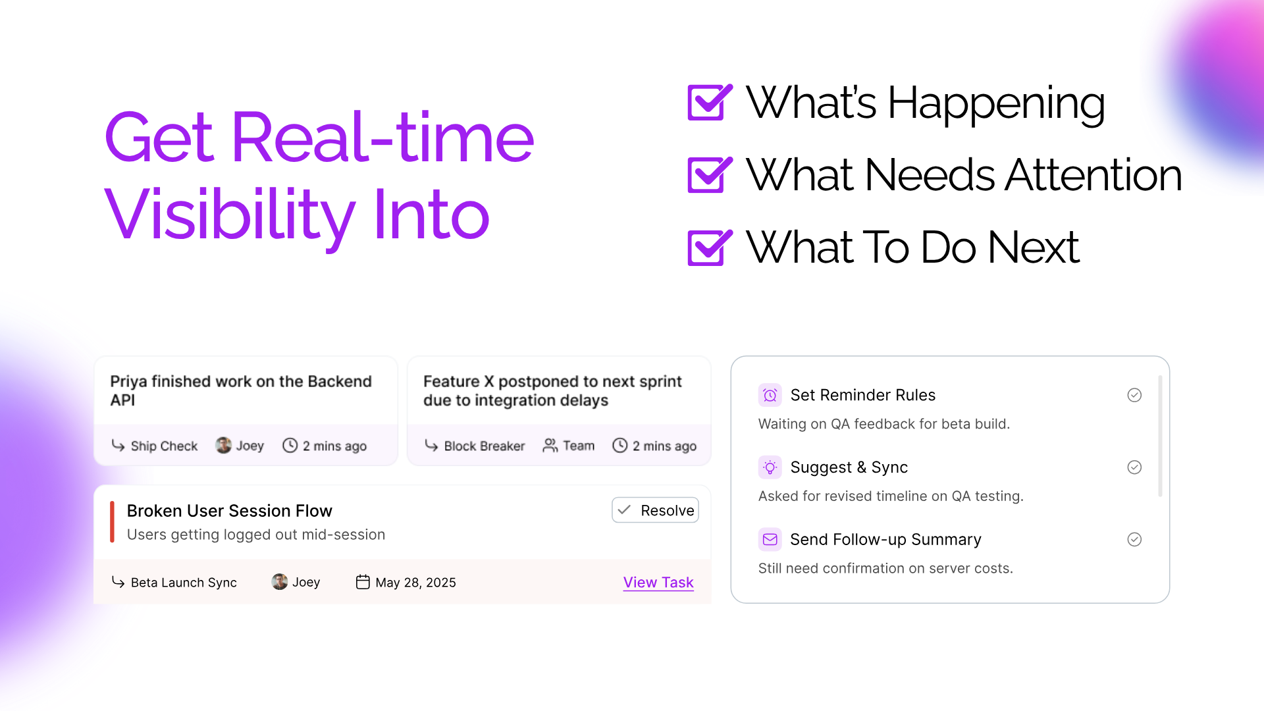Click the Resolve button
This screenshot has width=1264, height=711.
[x=655, y=510]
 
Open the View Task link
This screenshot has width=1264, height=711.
[x=658, y=583]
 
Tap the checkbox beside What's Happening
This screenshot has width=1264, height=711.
[x=710, y=102]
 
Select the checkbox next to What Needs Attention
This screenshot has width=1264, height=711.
[x=710, y=174]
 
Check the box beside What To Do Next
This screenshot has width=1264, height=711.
[x=710, y=247]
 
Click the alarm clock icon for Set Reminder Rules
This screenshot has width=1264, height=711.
[x=770, y=395]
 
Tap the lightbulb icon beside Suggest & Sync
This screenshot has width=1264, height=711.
[x=770, y=467]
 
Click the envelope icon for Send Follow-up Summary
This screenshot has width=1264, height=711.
[x=770, y=540]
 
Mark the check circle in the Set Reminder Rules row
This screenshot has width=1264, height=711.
[x=1134, y=395]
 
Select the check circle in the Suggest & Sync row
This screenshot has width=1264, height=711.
[x=1134, y=467]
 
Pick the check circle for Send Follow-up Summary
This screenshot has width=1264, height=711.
[x=1134, y=540]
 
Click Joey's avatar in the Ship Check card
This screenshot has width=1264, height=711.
[x=224, y=446]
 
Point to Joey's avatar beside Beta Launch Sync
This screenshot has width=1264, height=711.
[x=280, y=582]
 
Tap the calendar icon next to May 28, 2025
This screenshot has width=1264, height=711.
[x=363, y=582]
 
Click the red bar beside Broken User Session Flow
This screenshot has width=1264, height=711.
[x=112, y=522]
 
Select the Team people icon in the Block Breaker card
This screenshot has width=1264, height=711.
[x=550, y=446]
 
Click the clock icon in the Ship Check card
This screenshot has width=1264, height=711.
[x=290, y=446]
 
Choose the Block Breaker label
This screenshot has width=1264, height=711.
[x=485, y=446]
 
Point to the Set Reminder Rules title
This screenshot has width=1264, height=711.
[x=863, y=395]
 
